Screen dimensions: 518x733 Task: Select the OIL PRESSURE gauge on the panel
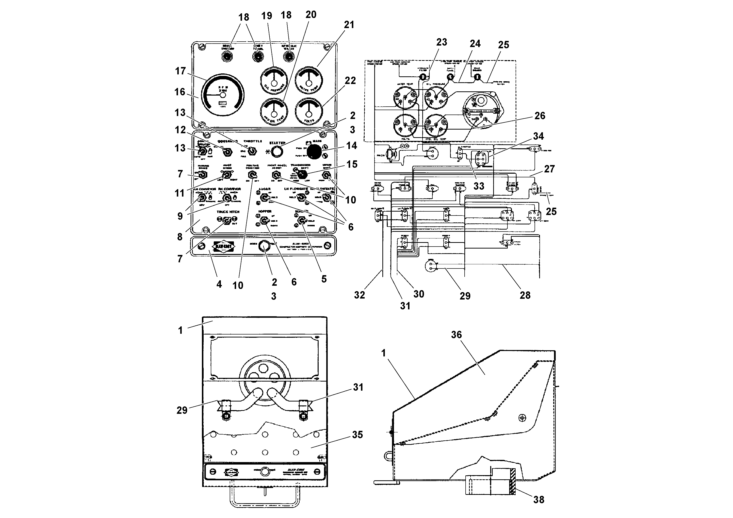pos(274,80)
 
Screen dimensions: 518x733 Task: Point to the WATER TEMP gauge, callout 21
pos(309,80)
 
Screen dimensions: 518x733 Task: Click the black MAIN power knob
pos(314,151)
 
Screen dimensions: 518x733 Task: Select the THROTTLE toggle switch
pos(253,151)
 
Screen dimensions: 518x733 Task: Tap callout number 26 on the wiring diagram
pos(539,116)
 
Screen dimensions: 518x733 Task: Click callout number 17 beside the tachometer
pos(180,71)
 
